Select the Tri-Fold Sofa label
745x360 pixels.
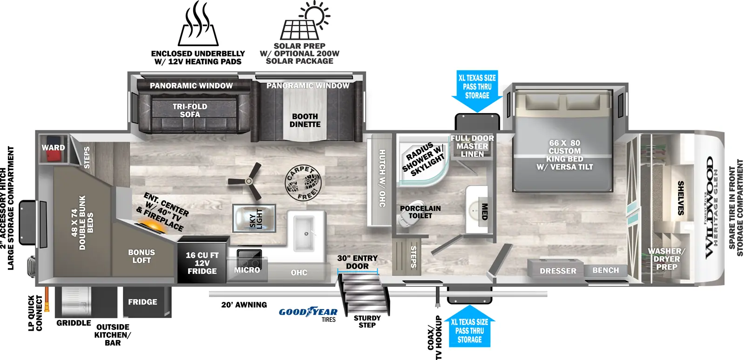click(x=190, y=110)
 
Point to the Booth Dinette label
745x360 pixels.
click(x=305, y=120)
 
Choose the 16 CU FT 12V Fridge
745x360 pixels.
click(x=202, y=263)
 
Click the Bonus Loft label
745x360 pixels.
click(x=142, y=256)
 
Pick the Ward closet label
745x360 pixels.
click(x=53, y=148)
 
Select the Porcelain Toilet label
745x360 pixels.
click(x=420, y=212)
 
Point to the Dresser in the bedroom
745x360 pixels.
click(x=558, y=271)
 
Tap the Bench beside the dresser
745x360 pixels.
click(x=605, y=270)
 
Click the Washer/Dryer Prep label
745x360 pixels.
click(x=666, y=259)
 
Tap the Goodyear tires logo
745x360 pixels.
click(x=308, y=312)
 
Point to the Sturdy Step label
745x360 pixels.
click(x=367, y=321)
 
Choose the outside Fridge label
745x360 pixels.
click(x=142, y=302)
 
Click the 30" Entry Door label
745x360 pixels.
click(x=357, y=262)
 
